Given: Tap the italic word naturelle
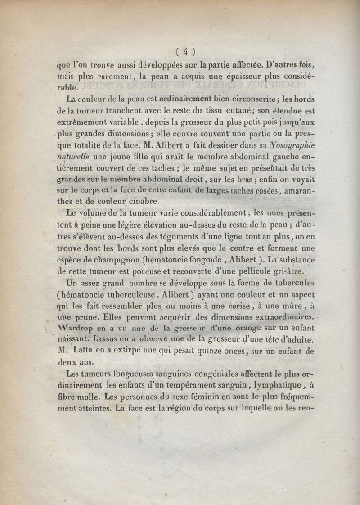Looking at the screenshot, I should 73,157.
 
